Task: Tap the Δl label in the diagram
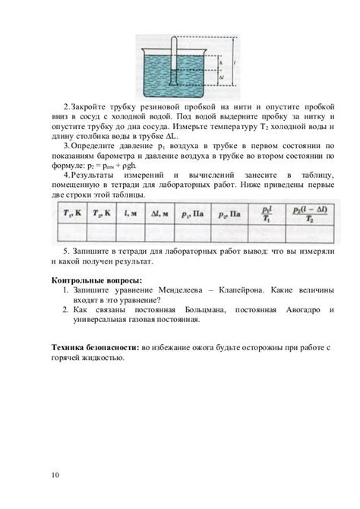coord(220,76)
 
